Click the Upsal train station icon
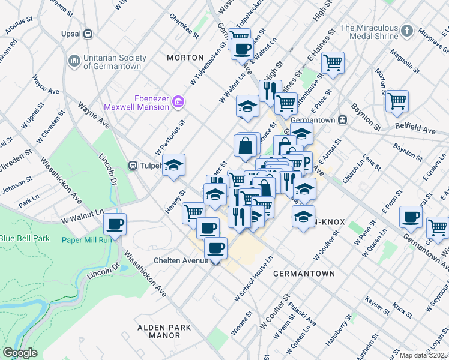pos(88,34)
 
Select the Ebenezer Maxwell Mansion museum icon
pos(178,103)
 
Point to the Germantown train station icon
pos(343,119)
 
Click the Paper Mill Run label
pos(87,241)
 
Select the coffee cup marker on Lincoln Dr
pos(115,224)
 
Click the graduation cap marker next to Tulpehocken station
pos(173,165)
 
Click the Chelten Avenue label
pos(181,260)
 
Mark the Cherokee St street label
pos(183,26)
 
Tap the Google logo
pos(20,352)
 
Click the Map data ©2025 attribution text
pos(424,355)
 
